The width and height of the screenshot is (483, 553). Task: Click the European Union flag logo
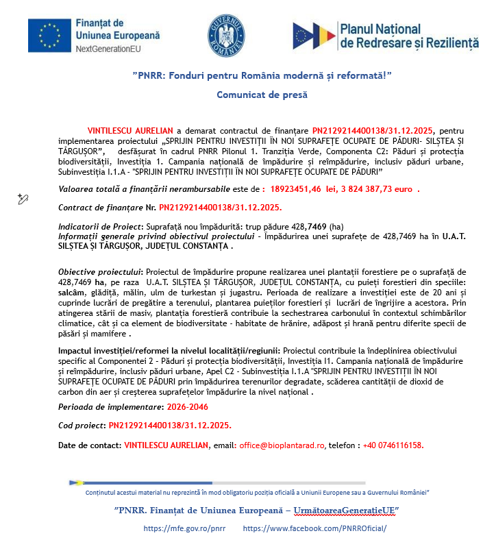click(x=50, y=36)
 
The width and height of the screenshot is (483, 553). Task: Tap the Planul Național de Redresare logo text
click(x=409, y=36)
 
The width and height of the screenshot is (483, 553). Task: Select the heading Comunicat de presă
click(x=262, y=95)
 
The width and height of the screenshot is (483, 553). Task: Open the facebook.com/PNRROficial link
click(x=314, y=529)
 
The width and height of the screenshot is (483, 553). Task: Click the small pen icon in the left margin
click(x=23, y=199)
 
